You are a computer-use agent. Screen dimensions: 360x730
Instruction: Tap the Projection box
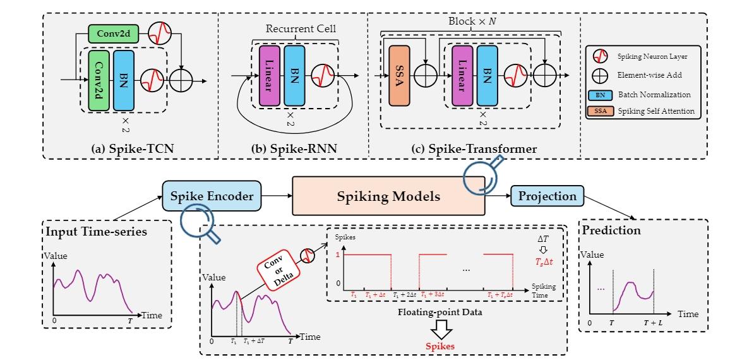[x=547, y=196]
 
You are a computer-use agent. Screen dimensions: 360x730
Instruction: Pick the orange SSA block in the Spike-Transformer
[x=399, y=76]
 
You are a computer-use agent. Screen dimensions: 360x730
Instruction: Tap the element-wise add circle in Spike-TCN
[x=184, y=81]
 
